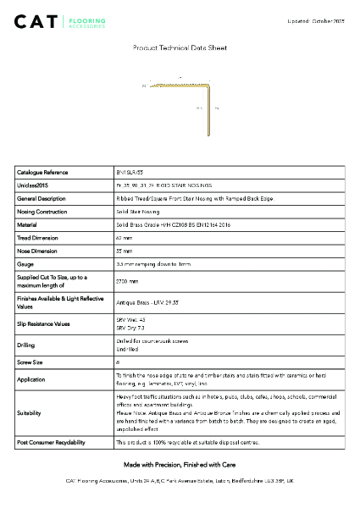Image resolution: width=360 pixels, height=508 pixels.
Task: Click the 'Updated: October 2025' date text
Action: (315, 19)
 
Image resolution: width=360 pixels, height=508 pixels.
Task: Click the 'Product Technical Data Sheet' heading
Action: (180, 49)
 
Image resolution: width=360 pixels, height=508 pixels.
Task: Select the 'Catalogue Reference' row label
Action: (42, 172)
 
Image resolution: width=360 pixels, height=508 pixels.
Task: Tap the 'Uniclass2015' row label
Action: (35, 185)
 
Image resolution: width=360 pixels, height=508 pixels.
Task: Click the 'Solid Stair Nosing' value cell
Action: (138, 211)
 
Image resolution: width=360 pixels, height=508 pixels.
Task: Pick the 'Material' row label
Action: (28, 224)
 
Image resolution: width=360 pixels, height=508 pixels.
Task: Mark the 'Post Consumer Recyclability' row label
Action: (51, 443)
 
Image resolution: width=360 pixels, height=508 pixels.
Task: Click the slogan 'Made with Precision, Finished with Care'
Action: (180, 465)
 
